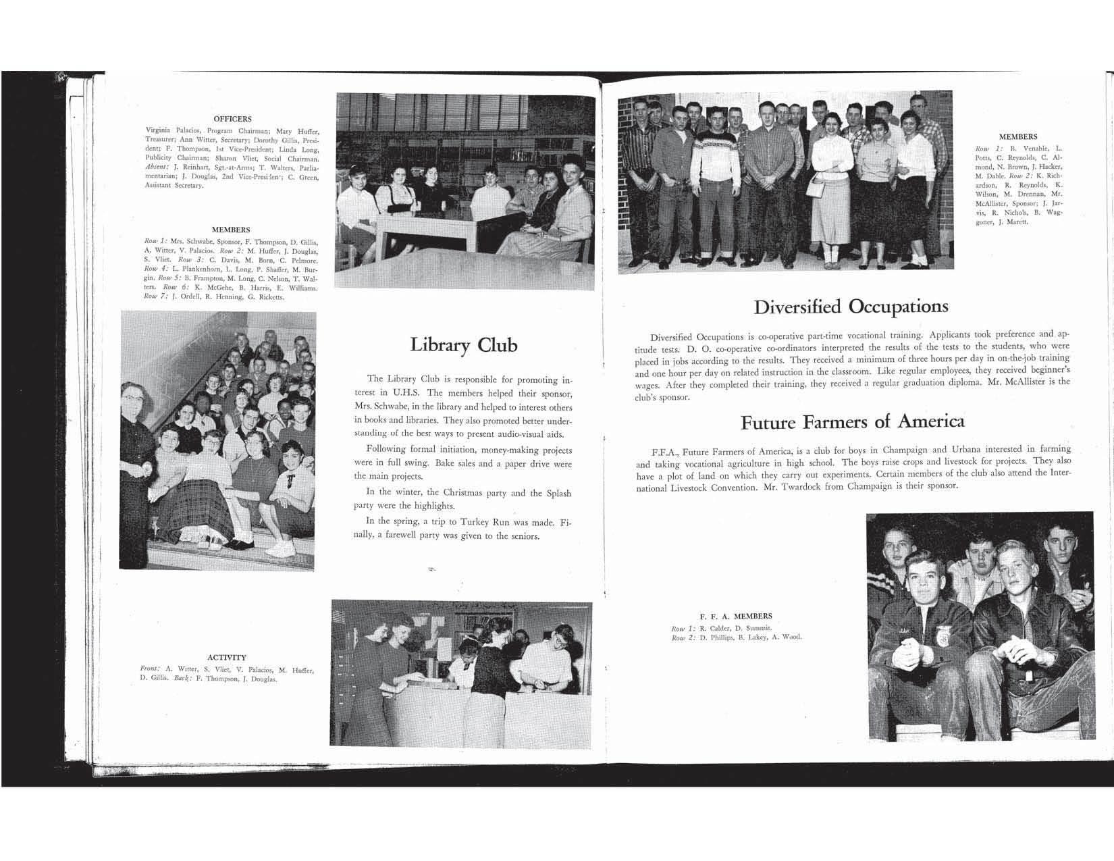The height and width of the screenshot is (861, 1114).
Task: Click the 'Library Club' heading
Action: pyautogui.click(x=463, y=345)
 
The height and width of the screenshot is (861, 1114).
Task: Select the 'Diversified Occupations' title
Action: pyautogui.click(x=851, y=307)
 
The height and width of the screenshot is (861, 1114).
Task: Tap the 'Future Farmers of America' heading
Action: pyautogui.click(x=852, y=422)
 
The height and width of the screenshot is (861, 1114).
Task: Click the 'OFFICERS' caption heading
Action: pyautogui.click(x=232, y=119)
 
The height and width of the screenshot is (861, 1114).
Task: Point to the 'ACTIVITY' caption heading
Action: pyautogui.click(x=227, y=657)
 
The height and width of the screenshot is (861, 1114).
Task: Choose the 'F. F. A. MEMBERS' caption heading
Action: pyautogui.click(x=735, y=616)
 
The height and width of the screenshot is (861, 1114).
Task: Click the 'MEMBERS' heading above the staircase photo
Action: pyautogui.click(x=231, y=230)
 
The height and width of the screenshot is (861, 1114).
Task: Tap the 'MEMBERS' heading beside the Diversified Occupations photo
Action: pyautogui.click(x=1018, y=136)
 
